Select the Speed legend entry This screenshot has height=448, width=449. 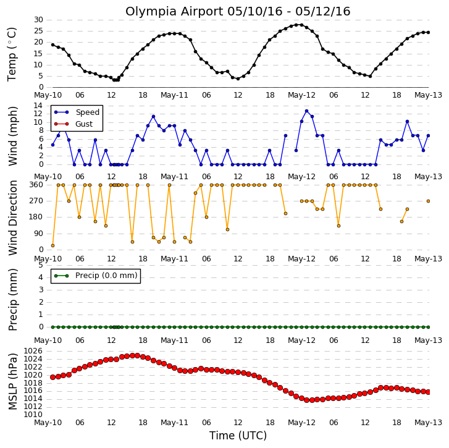click(x=77, y=112)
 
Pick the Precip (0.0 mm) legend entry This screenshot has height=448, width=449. click(x=96, y=276)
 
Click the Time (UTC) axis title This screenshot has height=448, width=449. click(x=238, y=436)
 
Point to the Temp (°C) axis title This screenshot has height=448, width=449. click(x=12, y=54)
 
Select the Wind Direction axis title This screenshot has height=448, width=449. click(x=12, y=218)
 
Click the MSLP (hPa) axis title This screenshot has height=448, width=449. click(x=12, y=381)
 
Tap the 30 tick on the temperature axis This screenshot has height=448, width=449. click(x=38, y=20)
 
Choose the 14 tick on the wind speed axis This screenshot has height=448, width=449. click(x=38, y=106)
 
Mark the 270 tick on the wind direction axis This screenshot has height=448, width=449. click(x=36, y=201)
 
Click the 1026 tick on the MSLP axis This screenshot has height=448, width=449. click(x=33, y=351)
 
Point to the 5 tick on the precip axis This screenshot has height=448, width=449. click(x=41, y=265)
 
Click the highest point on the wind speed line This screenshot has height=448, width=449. click(x=307, y=111)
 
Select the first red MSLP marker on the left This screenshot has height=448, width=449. click(x=52, y=378)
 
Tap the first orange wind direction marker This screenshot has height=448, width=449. click(x=52, y=245)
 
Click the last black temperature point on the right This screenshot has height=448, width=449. click(x=429, y=32)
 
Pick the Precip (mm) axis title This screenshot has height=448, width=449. click(x=12, y=300)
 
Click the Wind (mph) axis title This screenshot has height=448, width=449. click(x=12, y=136)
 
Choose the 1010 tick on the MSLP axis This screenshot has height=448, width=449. click(x=33, y=415)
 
